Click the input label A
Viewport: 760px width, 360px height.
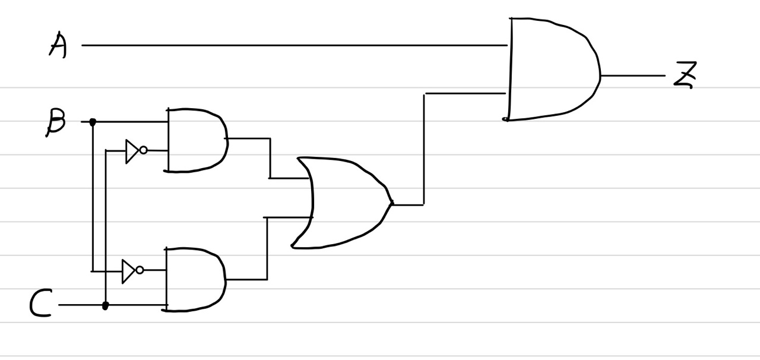pyautogui.click(x=58, y=45)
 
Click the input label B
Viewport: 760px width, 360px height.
pyautogui.click(x=56, y=122)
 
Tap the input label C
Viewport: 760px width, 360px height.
pyautogui.click(x=41, y=304)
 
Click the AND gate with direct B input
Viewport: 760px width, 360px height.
pyautogui.click(x=196, y=140)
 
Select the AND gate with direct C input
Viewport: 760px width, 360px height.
pyautogui.click(x=195, y=279)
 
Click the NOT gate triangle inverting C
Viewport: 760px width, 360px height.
pyautogui.click(x=132, y=151)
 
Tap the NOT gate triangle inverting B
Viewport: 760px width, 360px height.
pyautogui.click(x=128, y=271)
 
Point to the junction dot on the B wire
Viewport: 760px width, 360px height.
pyautogui.click(x=93, y=122)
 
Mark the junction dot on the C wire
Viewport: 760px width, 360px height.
pyautogui.click(x=106, y=305)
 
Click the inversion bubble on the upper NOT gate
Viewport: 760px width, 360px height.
pyautogui.click(x=143, y=150)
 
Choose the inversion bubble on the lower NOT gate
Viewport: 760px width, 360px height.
pyautogui.click(x=140, y=270)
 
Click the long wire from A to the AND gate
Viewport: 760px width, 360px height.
pyautogui.click(x=297, y=45)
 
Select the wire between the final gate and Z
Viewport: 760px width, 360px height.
pyautogui.click(x=632, y=76)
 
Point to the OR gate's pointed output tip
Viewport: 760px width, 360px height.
pyautogui.click(x=391, y=204)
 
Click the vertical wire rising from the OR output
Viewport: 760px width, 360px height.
pyautogui.click(x=424, y=149)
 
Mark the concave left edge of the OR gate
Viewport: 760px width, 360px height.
pyautogui.click(x=311, y=202)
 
